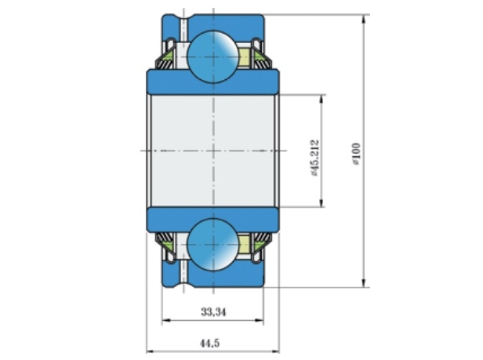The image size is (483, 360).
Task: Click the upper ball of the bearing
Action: pyautogui.click(x=212, y=56)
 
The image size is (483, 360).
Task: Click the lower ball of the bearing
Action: pyautogui.click(x=212, y=245)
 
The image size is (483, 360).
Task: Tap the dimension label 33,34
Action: pyautogui.click(x=213, y=312)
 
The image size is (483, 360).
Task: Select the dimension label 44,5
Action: pyautogui.click(x=210, y=343)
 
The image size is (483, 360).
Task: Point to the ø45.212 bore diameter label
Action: pyautogui.click(x=315, y=158)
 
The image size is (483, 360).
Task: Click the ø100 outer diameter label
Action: pyautogui.click(x=356, y=154)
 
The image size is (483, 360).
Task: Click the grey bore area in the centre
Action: pyautogui.click(x=212, y=151)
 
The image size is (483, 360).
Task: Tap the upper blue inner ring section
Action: pyautogui.click(x=212, y=82)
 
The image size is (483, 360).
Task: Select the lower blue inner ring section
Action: pyautogui.click(x=212, y=220)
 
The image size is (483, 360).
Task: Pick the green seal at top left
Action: pyautogui.click(x=169, y=56)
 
